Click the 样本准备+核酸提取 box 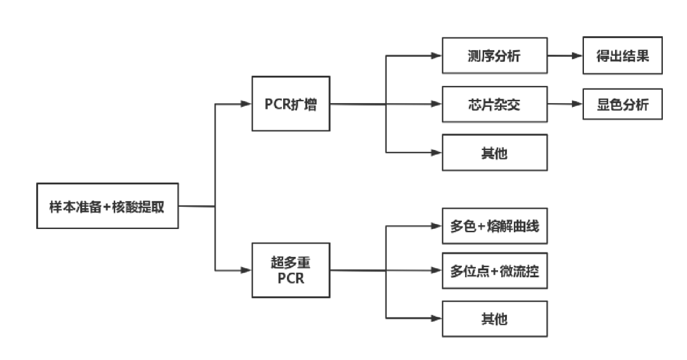click(107, 206)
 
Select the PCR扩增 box click(291, 104)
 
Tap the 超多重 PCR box click(291, 270)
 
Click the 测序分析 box click(494, 56)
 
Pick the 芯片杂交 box click(494, 104)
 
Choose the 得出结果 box click(622, 56)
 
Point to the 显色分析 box click(622, 104)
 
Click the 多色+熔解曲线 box click(494, 226)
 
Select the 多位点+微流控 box click(494, 271)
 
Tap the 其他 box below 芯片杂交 click(494, 153)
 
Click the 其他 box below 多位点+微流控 click(494, 319)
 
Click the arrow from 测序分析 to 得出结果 click(565, 56)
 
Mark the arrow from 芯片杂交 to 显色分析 click(565, 104)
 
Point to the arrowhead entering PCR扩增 click(246, 104)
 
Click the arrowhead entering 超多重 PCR click(246, 270)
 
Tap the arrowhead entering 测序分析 click(436, 56)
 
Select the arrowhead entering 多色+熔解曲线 click(436, 226)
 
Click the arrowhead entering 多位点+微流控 click(436, 271)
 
